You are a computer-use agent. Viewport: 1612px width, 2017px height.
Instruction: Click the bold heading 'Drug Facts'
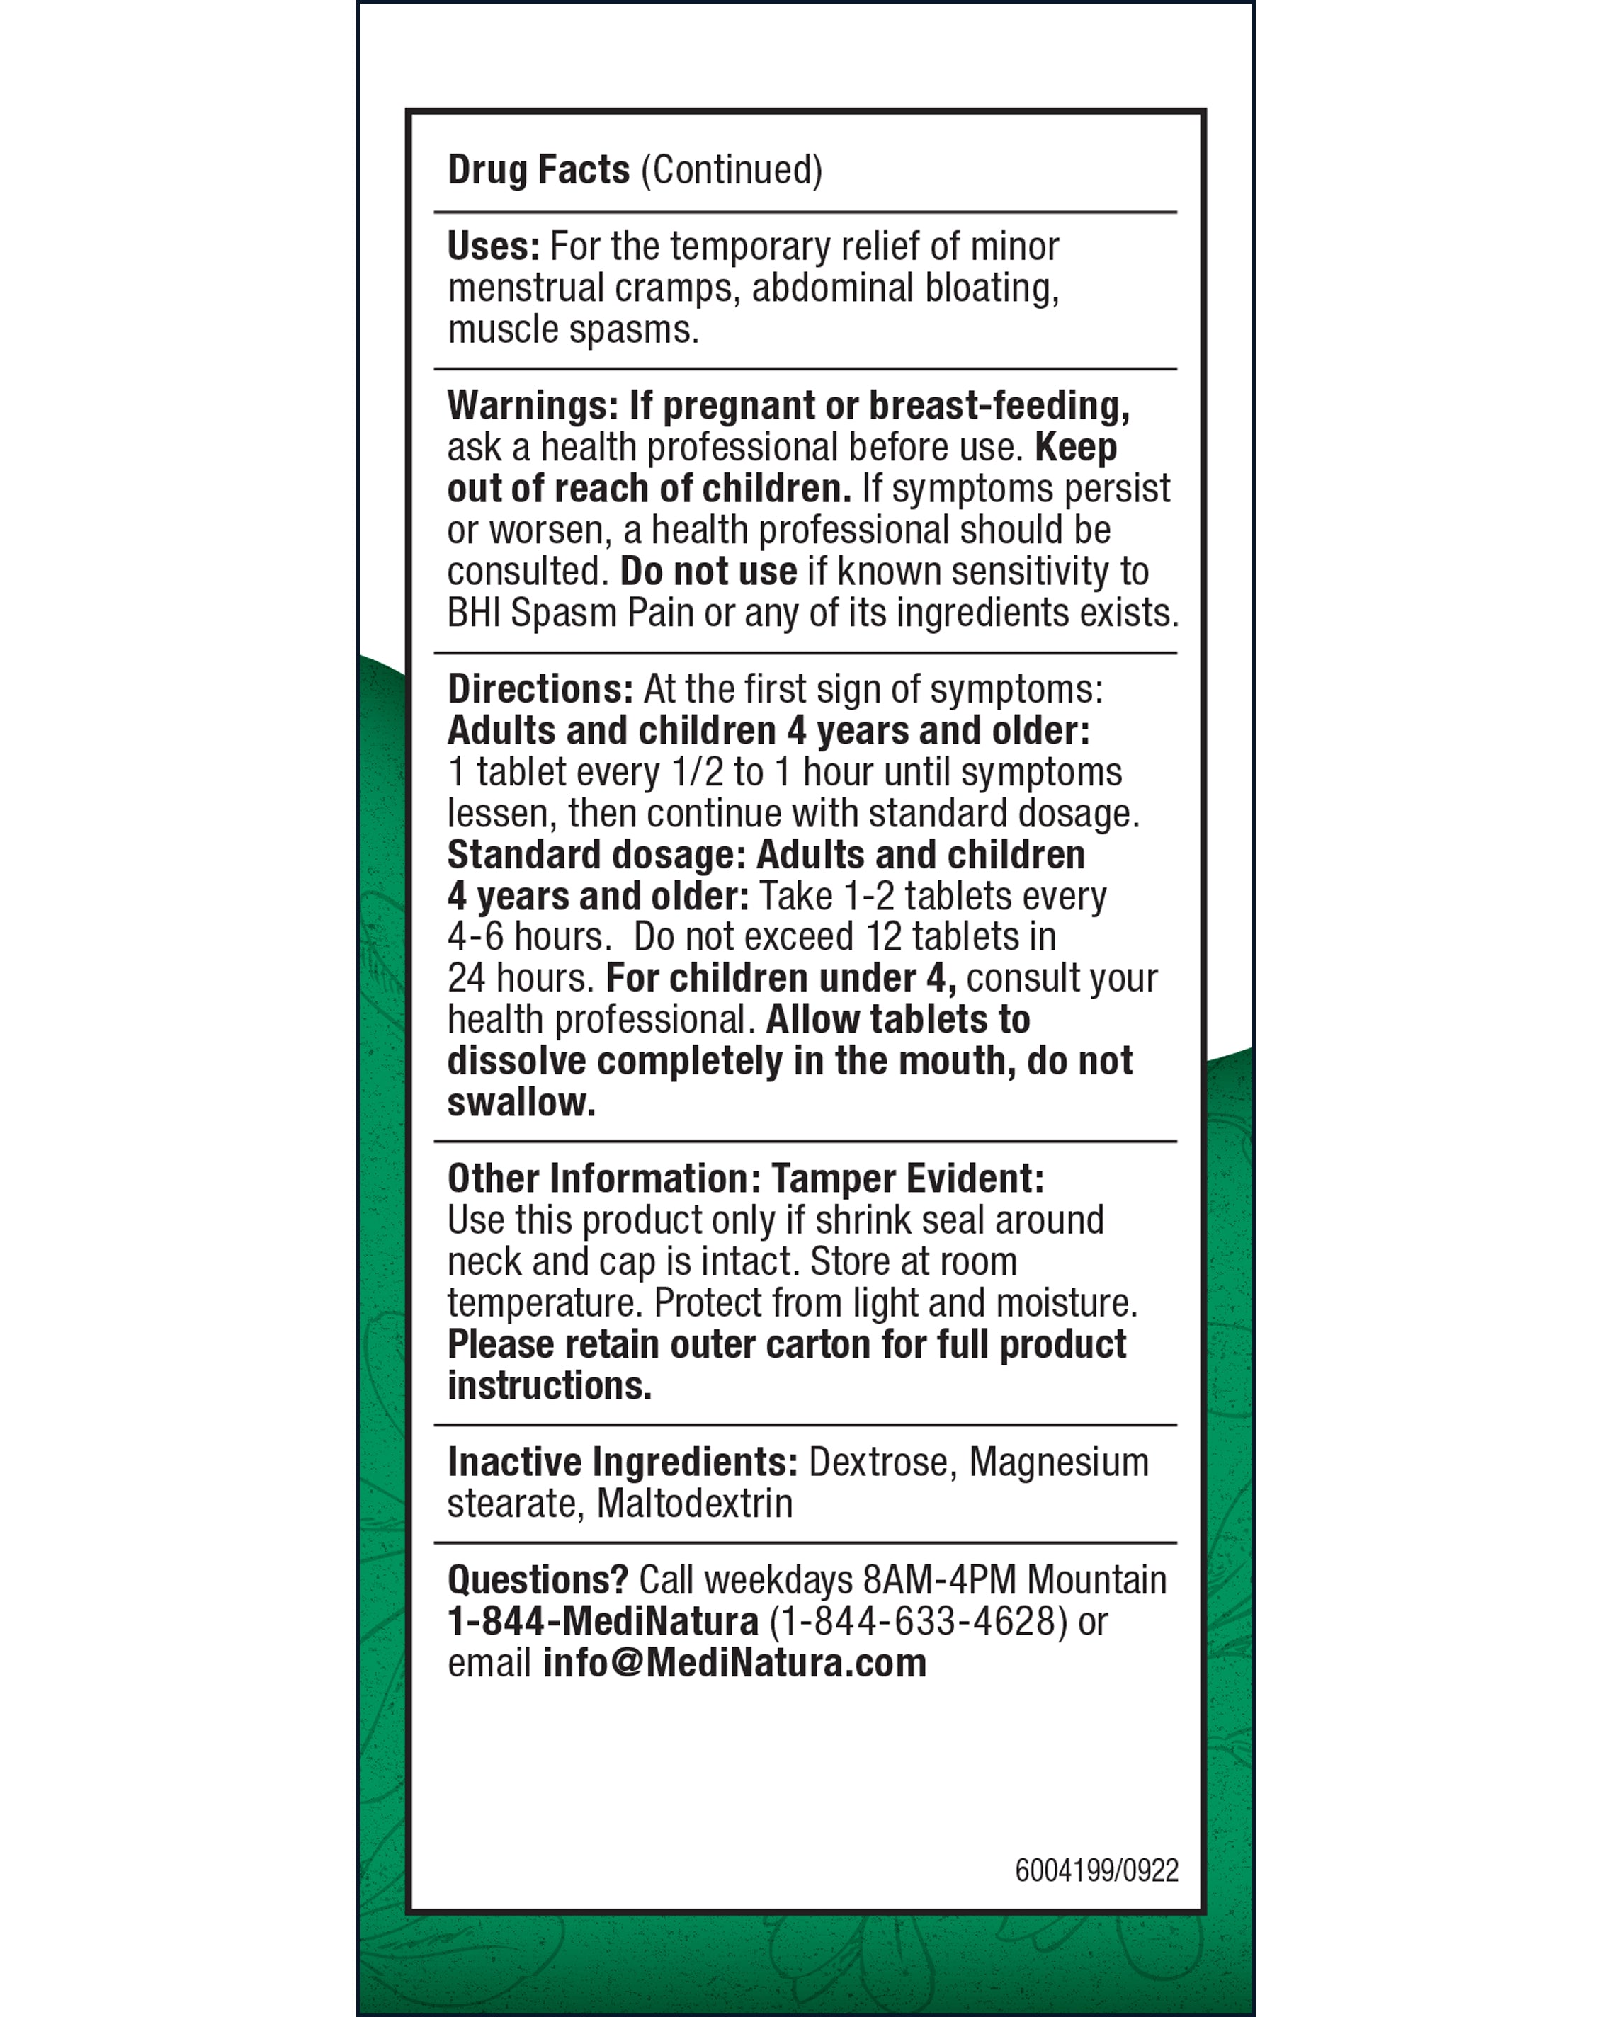click(x=538, y=170)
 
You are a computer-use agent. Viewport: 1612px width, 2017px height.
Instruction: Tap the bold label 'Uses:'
click(x=493, y=247)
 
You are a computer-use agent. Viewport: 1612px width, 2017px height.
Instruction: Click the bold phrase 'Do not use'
click(x=708, y=572)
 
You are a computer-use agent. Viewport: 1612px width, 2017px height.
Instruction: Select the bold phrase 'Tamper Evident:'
click(x=907, y=1178)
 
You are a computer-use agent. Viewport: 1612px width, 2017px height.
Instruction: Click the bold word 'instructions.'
click(x=549, y=1385)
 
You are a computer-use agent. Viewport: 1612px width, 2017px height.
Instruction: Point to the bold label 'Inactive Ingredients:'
click(x=622, y=1462)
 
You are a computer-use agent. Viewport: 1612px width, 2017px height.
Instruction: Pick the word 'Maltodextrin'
click(x=694, y=1504)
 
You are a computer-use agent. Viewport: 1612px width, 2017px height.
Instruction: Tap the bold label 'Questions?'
click(x=537, y=1580)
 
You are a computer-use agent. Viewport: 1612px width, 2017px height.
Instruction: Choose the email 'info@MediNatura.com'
click(x=734, y=1664)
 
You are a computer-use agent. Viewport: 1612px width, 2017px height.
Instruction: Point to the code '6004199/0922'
click(x=1096, y=1870)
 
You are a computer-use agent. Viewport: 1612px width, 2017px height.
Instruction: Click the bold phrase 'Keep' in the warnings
click(x=1076, y=447)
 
